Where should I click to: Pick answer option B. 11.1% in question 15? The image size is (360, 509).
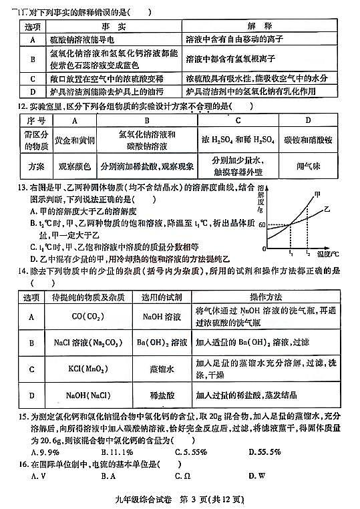click(x=118, y=450)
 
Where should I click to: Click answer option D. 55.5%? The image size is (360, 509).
click(x=263, y=450)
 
